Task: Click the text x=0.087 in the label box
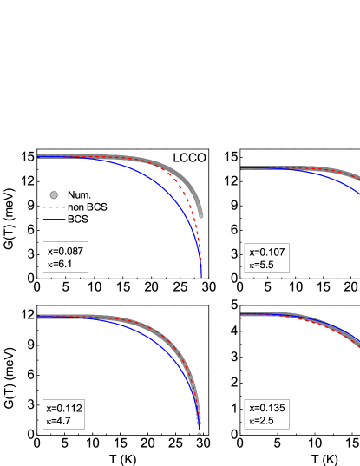point(65,252)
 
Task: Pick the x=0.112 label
point(65,407)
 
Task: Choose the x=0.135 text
point(267,407)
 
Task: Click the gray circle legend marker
point(54,195)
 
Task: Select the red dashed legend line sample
point(54,207)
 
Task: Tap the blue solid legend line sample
point(54,220)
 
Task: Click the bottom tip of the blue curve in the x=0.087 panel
point(201,275)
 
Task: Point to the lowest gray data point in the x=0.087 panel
point(201,214)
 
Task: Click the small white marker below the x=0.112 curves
point(200,433)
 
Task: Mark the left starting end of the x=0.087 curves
point(39,157)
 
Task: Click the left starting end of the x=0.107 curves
point(243,167)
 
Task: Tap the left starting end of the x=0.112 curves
point(39,316)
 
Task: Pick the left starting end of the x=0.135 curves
point(243,313)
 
